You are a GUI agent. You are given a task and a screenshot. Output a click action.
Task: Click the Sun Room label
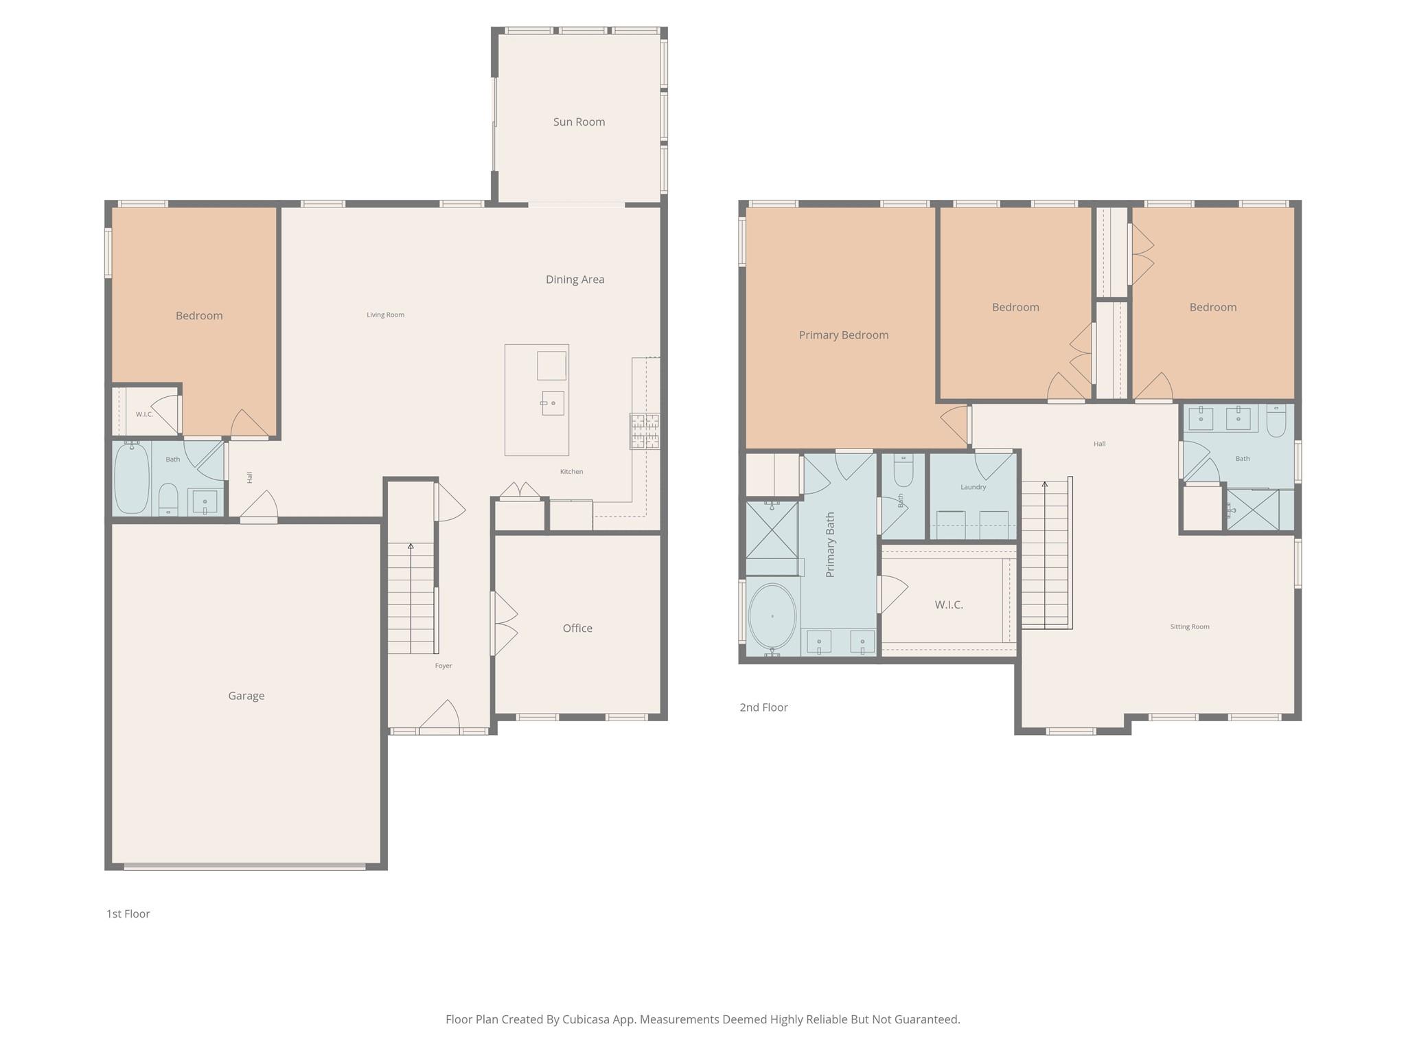coord(579,122)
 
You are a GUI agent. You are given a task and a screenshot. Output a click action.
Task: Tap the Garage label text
coord(246,696)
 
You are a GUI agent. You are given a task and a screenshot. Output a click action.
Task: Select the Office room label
coord(577,628)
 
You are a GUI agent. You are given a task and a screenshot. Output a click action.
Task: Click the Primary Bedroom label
coord(843,335)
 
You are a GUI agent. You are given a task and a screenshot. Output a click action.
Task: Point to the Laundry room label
coord(973,487)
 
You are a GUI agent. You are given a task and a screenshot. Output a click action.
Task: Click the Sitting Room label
coord(1190,626)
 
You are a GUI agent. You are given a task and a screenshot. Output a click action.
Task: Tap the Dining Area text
coord(575,280)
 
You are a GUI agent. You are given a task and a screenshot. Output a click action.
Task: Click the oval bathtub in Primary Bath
coord(772,617)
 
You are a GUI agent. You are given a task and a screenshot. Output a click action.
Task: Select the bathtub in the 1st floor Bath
coord(131,478)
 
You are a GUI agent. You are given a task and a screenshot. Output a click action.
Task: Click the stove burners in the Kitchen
coord(645,431)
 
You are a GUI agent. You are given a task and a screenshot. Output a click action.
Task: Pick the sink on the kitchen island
coord(553,403)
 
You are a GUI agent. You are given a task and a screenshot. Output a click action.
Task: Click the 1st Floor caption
coord(128,914)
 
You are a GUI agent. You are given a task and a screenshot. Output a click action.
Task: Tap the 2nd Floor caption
coord(763,707)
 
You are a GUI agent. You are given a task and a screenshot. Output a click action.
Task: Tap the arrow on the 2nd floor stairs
coord(1045,485)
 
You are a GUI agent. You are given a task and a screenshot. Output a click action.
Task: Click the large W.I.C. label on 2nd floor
coord(948,605)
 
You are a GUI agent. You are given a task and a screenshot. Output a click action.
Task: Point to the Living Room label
coord(385,315)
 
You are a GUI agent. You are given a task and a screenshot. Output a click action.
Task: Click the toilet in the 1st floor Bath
coord(168,499)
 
